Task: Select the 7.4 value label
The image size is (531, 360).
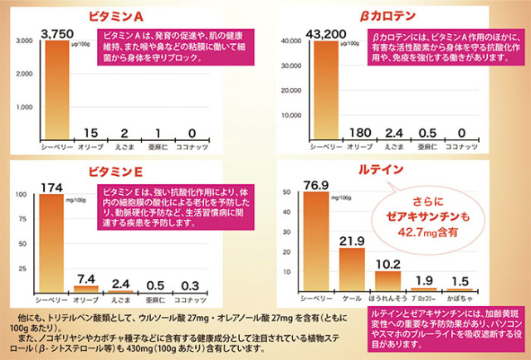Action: (x=85, y=277)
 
